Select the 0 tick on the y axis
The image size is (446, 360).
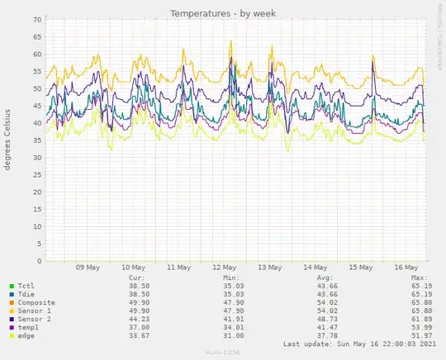click(38, 245)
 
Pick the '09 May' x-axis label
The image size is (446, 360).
click(88, 268)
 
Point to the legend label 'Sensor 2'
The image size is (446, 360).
click(34, 320)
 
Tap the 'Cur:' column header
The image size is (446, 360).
click(138, 278)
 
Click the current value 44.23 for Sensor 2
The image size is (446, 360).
click(142, 320)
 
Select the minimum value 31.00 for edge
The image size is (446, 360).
click(235, 336)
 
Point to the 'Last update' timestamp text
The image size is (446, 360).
click(352, 344)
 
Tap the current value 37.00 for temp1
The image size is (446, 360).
click(142, 328)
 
